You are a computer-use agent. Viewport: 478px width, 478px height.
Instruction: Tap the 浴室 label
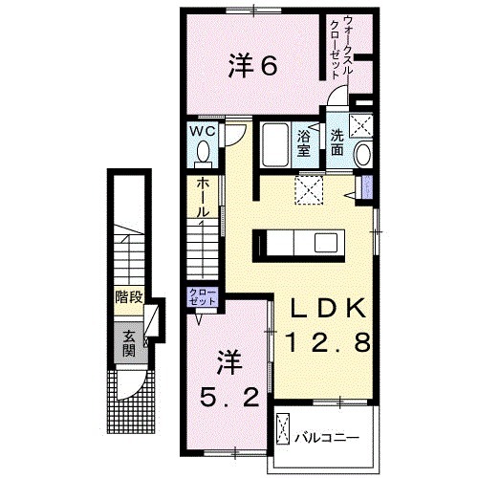point(305,141)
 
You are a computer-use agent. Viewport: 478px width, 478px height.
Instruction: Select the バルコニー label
point(326,437)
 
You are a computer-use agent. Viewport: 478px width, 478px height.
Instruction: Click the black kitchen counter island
point(297,245)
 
